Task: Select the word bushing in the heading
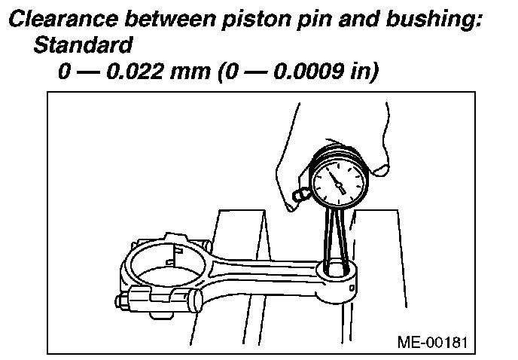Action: (431, 20)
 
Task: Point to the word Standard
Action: (83, 46)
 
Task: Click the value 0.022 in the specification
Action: (139, 73)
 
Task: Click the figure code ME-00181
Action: (431, 342)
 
